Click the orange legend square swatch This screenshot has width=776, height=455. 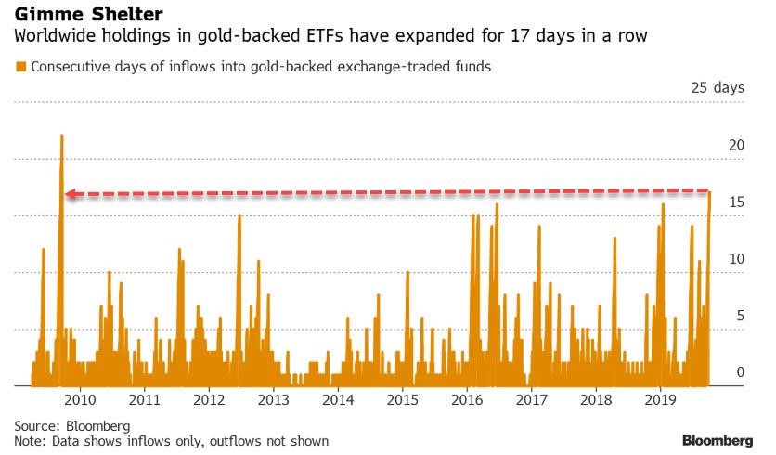[x=20, y=67]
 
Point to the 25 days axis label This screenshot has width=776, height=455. [x=717, y=88]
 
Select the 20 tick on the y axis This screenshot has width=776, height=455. [x=736, y=145]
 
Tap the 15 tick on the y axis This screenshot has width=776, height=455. [x=736, y=201]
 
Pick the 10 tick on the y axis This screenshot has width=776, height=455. [x=736, y=258]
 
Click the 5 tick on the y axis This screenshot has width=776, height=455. [x=740, y=316]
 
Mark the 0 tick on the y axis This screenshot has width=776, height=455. [x=740, y=372]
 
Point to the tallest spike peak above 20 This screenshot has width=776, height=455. [x=61, y=136]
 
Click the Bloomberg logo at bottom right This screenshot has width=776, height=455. [x=718, y=439]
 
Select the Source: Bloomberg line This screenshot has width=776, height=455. [x=58, y=424]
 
